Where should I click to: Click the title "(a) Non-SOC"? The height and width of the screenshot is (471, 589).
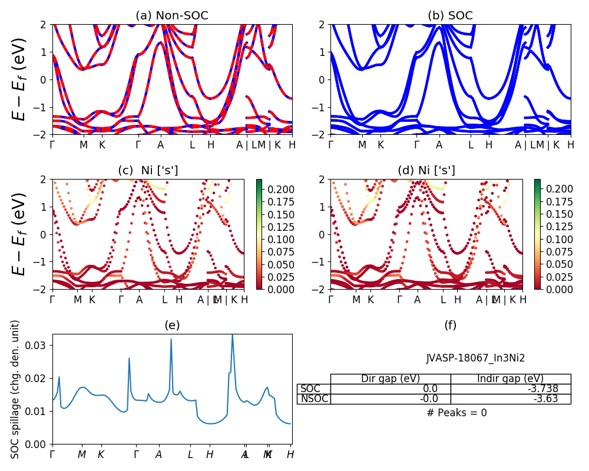[x=172, y=16]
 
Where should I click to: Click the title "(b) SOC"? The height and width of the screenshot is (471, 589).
[x=450, y=16]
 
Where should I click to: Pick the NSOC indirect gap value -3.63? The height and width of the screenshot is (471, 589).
[x=555, y=399]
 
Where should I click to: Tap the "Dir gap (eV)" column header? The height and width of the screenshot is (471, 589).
[x=391, y=379]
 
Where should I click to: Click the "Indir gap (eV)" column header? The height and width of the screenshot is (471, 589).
[x=510, y=379]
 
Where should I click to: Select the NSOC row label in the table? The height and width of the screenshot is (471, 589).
[x=314, y=399]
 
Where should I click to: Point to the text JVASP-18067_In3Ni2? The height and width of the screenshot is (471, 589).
[x=475, y=358]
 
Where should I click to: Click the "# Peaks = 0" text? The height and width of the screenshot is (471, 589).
[x=456, y=413]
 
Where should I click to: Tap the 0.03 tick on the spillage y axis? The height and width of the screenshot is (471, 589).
[x=39, y=344]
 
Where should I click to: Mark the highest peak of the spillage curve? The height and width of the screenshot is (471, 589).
[x=232, y=334]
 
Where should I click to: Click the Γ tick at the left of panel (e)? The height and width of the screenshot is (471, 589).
[x=52, y=455]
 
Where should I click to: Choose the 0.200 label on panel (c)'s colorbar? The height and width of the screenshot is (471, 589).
[x=279, y=189]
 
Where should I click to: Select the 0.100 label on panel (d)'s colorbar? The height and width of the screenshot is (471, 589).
[x=557, y=239]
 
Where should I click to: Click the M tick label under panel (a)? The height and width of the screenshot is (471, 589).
[x=84, y=145]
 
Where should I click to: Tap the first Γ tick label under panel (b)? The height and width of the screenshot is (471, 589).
[x=330, y=145]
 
